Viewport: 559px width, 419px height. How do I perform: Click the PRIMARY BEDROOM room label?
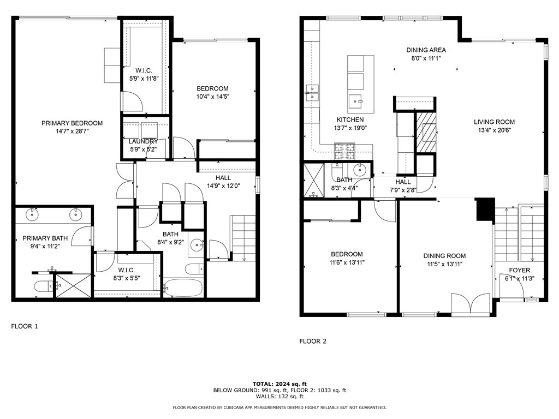[72, 123]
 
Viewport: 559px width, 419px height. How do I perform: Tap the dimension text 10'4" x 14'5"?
[212, 98]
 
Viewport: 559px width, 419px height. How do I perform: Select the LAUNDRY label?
[143, 141]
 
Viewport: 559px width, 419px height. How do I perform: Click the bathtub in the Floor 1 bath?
[183, 288]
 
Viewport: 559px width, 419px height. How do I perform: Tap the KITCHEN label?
[350, 119]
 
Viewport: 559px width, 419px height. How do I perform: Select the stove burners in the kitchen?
[345, 147]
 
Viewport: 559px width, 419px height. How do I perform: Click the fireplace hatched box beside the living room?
[426, 130]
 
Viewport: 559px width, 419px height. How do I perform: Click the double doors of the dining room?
[471, 303]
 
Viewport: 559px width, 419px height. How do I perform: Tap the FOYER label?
[519, 271]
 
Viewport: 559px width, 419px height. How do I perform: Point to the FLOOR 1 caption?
[25, 326]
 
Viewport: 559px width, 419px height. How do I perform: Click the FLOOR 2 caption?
[312, 342]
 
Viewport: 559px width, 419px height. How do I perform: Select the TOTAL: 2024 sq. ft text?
[279, 384]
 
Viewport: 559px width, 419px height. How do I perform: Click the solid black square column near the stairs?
[485, 210]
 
